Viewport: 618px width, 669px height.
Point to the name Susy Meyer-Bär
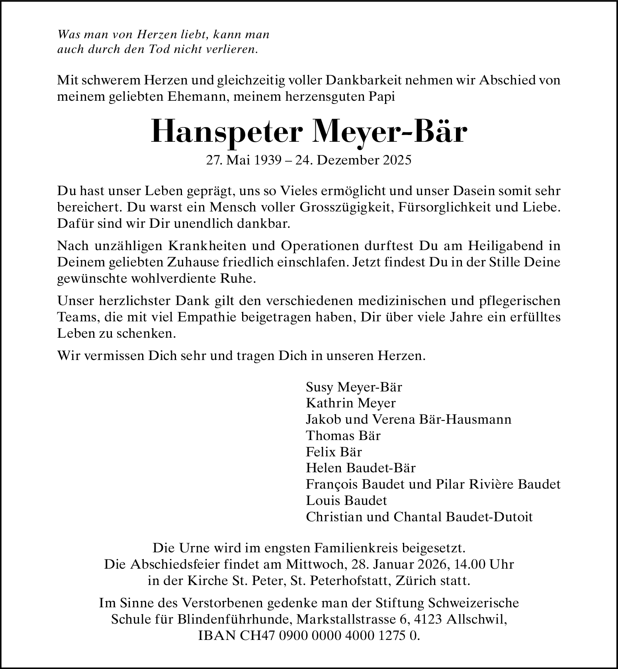point(354,387)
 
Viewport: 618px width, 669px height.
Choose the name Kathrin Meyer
point(351,403)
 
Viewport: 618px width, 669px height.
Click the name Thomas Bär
point(343,436)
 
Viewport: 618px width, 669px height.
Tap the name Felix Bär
point(334,452)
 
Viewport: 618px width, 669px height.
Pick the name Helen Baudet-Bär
point(361,468)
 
